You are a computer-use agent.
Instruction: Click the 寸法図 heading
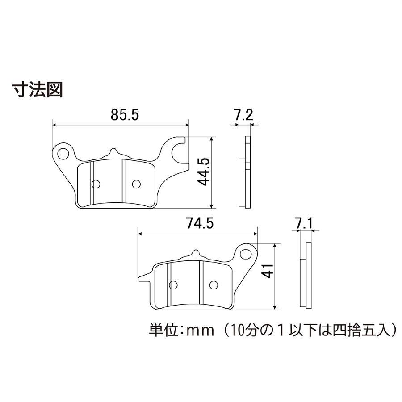coord(38,90)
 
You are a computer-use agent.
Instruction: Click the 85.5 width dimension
coord(125,115)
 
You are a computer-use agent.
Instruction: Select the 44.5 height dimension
coord(204,172)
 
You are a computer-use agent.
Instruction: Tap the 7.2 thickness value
coord(243,115)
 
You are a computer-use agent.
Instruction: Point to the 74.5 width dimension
coord(200,223)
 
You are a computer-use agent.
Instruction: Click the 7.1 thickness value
coord(304,223)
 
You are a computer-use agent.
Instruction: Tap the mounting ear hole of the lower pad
coord(246,254)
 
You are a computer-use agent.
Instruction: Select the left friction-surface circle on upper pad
coord(96,184)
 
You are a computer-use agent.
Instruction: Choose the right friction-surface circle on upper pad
coord(136,184)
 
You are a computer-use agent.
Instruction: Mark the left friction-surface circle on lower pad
coord(173,285)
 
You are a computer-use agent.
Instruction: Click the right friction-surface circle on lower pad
coord(214,285)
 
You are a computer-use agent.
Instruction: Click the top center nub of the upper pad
coord(113,151)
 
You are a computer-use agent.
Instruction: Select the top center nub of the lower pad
coord(195,254)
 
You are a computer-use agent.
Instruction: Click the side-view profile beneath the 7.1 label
coord(306,275)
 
